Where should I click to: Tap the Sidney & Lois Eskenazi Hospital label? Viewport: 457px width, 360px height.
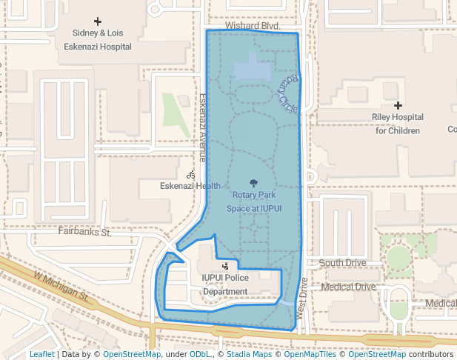click(102, 40)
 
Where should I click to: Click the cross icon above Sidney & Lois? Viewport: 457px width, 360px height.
click(97, 21)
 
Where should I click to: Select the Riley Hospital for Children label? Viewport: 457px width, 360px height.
click(397, 124)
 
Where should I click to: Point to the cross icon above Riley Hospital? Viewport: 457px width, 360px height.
click(398, 105)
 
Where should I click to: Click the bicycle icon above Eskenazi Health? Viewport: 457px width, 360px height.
click(191, 175)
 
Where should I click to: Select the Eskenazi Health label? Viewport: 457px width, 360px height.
click(190, 186)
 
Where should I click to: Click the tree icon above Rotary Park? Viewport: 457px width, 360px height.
click(254, 183)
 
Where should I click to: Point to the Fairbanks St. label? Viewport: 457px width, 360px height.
click(84, 232)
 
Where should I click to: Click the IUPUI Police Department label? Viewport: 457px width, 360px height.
click(225, 284)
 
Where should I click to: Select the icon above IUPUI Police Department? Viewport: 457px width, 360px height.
click(225, 265)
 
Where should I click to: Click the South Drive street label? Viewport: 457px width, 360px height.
click(342, 263)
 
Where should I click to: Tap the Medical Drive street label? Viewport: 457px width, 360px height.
click(348, 287)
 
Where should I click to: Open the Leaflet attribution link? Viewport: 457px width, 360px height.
click(41, 354)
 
